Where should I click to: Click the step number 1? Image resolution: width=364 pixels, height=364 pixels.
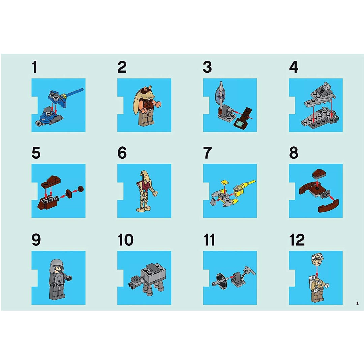pyautogui.click(x=34, y=67)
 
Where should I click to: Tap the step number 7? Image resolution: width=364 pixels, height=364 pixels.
pyautogui.click(x=207, y=153)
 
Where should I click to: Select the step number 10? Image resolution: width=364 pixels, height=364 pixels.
pyautogui.click(x=125, y=240)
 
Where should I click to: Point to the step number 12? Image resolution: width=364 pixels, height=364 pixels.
pyautogui.click(x=297, y=240)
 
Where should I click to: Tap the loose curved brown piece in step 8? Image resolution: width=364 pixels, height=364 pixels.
pyautogui.click(x=328, y=205)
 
